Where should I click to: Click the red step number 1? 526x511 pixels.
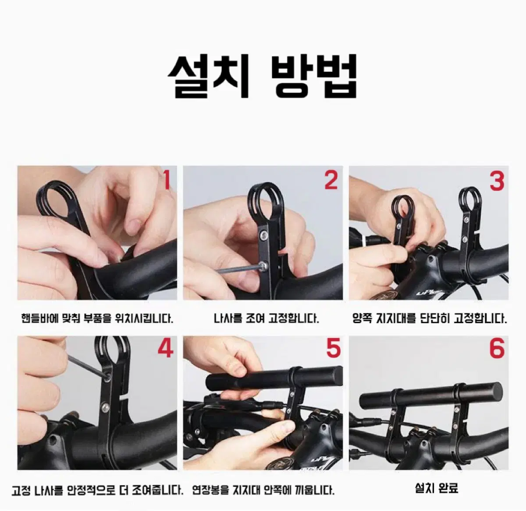tap(167, 180)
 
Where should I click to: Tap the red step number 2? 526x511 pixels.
tap(331, 180)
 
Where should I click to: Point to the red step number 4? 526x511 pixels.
tap(165, 349)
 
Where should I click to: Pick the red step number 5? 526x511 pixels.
tap(333, 349)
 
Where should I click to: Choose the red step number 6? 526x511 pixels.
tap(497, 349)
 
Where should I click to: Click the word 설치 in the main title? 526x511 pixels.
tap(208, 76)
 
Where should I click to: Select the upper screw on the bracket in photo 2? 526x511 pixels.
tap(263, 236)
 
